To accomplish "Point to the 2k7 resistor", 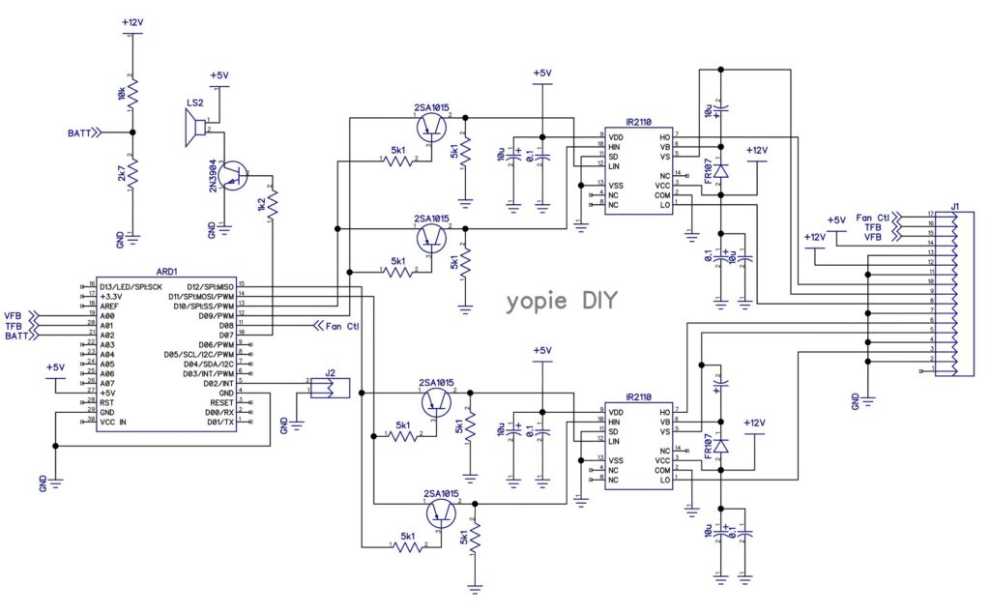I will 132,174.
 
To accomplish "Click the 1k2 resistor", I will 274,202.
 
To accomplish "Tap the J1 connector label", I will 954,205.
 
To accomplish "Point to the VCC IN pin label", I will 113,422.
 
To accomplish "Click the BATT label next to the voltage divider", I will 79,132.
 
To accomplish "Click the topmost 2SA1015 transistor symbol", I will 430,126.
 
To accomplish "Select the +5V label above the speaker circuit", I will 219,75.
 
